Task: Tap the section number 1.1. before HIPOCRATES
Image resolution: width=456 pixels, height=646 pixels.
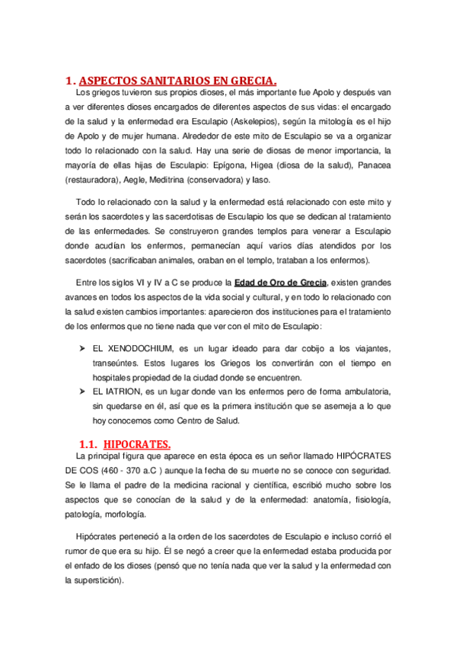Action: click(x=88, y=443)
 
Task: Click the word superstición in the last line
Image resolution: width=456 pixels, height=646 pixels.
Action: click(x=97, y=579)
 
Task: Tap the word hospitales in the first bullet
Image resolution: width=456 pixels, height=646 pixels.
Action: click(x=114, y=376)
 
